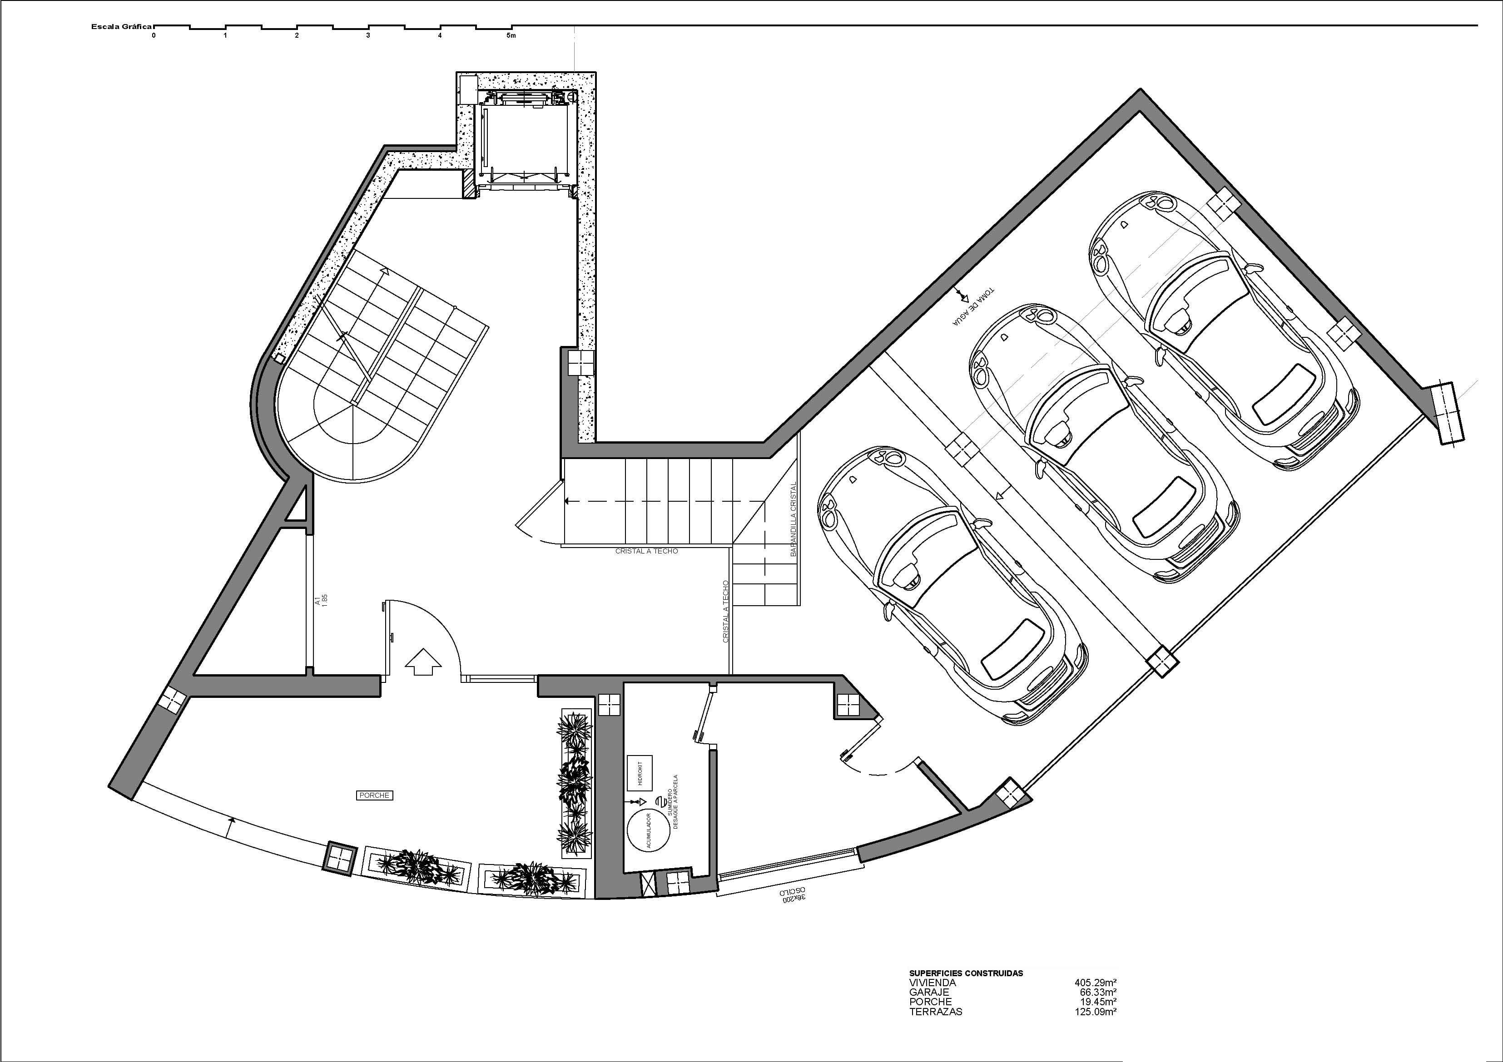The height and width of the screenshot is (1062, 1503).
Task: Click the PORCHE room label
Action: point(374,795)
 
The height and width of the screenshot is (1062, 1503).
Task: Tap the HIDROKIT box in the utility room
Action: point(640,772)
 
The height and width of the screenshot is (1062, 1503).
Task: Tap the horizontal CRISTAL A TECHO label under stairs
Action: point(646,551)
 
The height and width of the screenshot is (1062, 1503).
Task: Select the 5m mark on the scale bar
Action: point(511,35)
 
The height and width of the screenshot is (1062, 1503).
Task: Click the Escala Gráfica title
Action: point(121,27)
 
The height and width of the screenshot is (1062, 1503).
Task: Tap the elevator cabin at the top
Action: point(526,141)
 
